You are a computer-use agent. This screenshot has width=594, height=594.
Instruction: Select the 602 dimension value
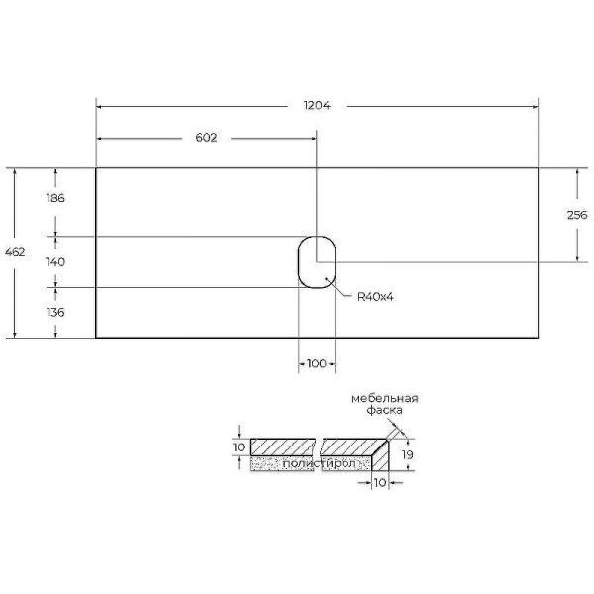pos(205,138)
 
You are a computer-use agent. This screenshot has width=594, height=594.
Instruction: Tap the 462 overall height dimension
pos(15,252)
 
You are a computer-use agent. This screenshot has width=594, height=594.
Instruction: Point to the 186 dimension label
pos(55,198)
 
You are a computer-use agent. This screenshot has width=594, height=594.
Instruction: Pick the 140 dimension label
pos(55,262)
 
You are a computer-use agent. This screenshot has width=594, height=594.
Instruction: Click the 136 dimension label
pos(55,312)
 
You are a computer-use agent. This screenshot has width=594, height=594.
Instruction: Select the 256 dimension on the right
pos(577,215)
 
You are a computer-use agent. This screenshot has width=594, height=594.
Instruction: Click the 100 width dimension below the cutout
pos(316,364)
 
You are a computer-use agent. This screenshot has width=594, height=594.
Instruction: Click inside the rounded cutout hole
pos(317,262)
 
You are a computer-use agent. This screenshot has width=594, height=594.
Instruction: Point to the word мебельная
pos(385,398)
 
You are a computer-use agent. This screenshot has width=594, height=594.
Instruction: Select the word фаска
pos(383,410)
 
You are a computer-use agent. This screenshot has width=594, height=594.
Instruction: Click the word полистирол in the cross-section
pos(309,463)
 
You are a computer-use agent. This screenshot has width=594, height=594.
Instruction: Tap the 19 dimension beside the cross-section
pos(406,454)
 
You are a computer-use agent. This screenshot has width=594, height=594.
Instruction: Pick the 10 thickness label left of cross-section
pos(238,447)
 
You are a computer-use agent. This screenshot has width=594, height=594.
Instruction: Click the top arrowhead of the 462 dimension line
pos(15,172)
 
